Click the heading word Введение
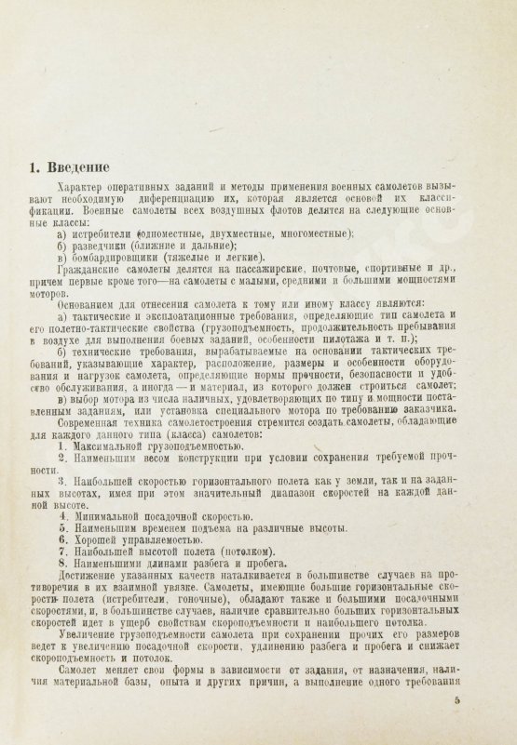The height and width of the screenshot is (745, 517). tap(89, 168)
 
